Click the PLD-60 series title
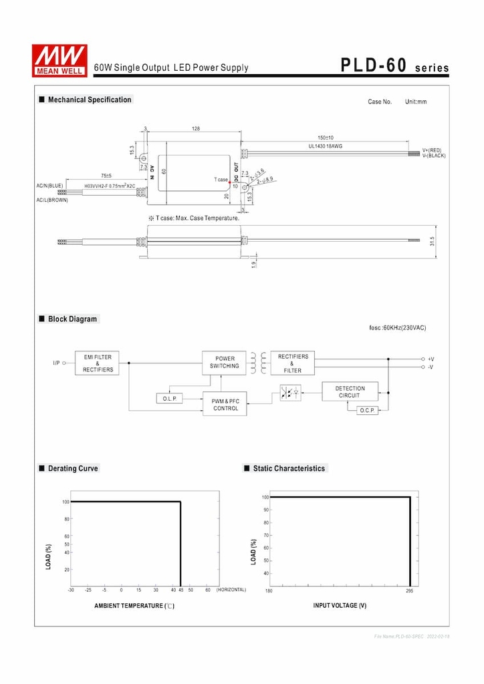pos(394,65)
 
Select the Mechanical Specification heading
pos(89,100)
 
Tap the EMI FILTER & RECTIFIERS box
pos(98,363)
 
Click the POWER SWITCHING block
pos(224,363)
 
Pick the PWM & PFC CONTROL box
pos(225,404)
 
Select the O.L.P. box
pos(169,399)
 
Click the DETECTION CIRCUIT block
pos(350,391)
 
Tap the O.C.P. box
pos(367,410)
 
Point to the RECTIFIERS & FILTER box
pos(292,363)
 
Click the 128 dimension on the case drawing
pos(196,128)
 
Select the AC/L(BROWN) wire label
pos(52,200)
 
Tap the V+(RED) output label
pos(433,150)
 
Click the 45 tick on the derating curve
pos(180,590)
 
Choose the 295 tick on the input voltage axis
pos(410,590)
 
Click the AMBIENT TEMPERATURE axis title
pos(134,606)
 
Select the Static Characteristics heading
pos(289,468)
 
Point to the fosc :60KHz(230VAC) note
pos(397,327)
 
